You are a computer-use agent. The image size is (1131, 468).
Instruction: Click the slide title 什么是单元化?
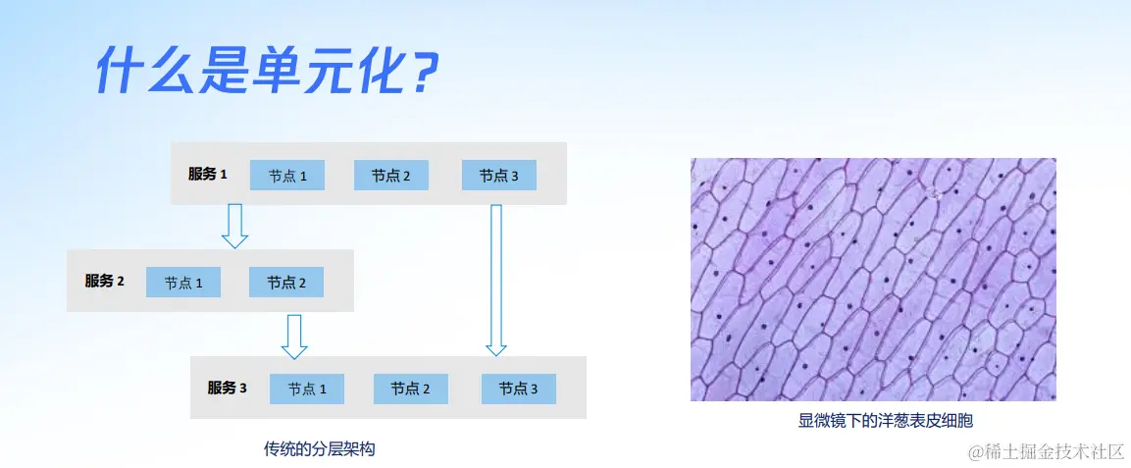266,70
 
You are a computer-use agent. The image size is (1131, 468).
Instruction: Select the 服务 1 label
208,174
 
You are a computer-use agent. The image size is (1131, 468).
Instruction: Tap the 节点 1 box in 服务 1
287,176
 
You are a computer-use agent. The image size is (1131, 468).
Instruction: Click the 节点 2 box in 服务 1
391,176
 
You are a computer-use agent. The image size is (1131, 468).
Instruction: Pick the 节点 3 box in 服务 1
499,176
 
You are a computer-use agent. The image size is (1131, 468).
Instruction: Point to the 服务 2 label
105,282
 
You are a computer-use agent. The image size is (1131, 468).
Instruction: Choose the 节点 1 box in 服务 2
183,282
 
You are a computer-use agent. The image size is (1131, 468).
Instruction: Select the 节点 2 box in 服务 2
286,282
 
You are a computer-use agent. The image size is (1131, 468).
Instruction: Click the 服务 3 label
228,388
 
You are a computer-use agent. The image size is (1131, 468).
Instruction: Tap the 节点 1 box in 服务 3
307,389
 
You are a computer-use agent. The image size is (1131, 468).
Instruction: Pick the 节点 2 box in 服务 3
410,389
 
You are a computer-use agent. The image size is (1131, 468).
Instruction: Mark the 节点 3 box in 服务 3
519,389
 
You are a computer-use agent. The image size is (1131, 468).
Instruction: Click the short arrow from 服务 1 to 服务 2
234,227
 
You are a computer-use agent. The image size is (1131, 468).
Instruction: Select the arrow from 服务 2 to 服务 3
293,336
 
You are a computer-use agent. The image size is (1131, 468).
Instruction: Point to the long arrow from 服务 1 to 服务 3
496,281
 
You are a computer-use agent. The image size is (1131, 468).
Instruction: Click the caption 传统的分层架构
320,449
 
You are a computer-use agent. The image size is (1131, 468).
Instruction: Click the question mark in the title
419,71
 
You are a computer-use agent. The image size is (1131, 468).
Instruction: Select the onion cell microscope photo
873,280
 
